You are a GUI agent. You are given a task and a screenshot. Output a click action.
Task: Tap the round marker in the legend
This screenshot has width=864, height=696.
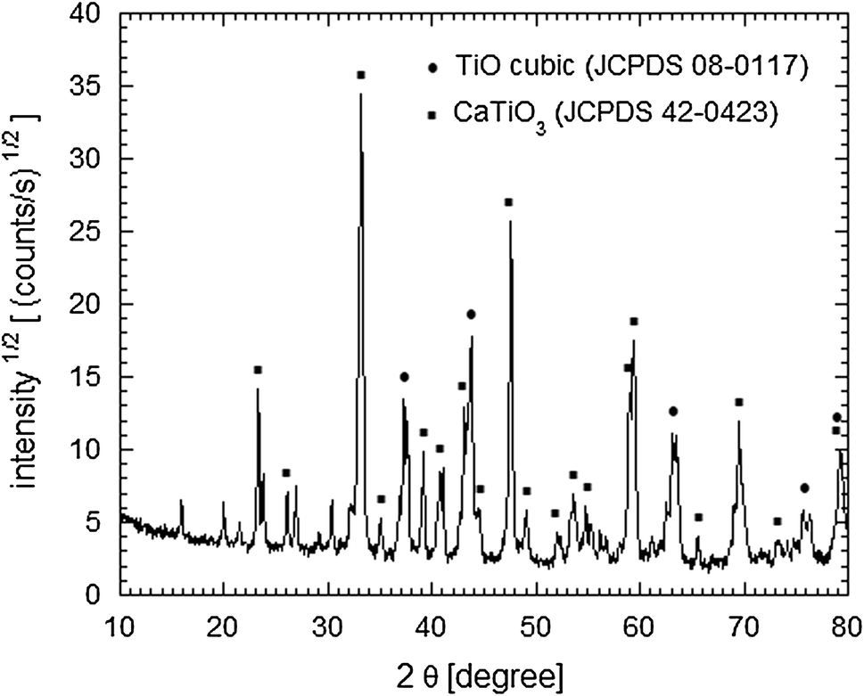tap(433, 67)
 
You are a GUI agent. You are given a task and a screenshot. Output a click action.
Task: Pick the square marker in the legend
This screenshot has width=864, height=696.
tap(433, 115)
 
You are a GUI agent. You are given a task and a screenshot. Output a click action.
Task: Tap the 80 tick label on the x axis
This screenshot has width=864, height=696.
tap(847, 628)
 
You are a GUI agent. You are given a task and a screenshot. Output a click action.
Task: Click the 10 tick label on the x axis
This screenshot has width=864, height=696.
tap(119, 628)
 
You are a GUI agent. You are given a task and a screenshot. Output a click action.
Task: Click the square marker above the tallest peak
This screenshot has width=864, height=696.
tap(361, 75)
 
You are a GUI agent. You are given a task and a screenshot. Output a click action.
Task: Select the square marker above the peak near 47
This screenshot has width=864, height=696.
tap(508, 202)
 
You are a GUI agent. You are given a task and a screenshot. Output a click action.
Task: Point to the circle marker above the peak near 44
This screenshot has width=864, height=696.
tap(471, 314)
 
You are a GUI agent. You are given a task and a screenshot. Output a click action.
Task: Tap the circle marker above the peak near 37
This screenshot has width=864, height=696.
tap(404, 377)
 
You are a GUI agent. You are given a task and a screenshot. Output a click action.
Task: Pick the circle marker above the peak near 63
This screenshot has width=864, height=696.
tap(673, 412)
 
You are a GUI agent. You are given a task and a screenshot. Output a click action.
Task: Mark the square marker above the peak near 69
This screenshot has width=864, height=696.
tap(739, 402)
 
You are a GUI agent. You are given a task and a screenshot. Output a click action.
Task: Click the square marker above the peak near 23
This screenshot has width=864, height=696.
tap(258, 369)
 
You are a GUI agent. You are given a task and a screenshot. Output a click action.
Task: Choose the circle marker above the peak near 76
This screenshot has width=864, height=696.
tap(804, 487)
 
